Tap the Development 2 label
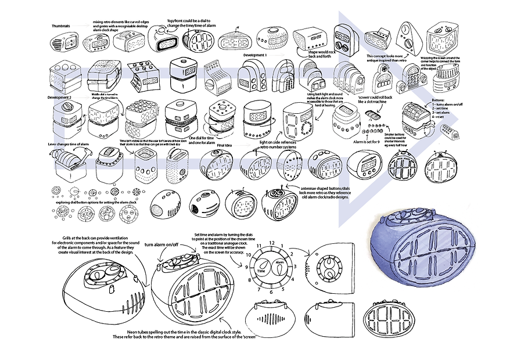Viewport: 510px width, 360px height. click(60, 98)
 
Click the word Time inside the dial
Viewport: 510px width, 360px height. click(261, 271)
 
